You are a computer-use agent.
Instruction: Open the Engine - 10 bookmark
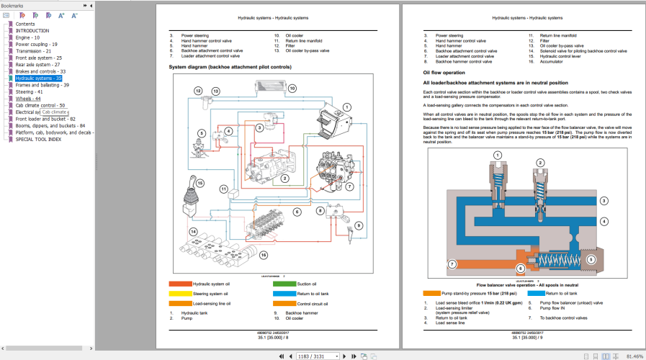coord(27,37)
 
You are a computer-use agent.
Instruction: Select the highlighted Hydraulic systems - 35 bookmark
coord(39,78)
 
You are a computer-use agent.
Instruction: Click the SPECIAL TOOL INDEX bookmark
coord(38,139)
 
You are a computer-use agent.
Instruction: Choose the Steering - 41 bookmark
coord(29,91)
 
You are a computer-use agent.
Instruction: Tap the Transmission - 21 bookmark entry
coord(33,51)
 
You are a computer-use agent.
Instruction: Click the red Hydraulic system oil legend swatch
coord(179,284)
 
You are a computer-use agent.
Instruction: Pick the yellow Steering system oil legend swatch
coord(179,294)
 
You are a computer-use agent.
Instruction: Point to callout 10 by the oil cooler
coord(292,89)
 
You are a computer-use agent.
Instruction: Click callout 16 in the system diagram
coord(264,255)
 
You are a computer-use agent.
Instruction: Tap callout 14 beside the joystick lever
coord(193,231)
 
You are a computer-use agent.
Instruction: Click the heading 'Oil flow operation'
coord(444,73)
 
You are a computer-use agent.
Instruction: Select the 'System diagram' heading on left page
coord(230,66)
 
